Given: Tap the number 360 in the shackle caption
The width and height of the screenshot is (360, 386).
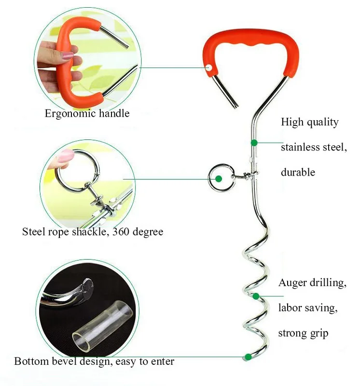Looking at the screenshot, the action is coord(121,232).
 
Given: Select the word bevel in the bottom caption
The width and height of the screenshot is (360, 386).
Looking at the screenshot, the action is coord(64,361).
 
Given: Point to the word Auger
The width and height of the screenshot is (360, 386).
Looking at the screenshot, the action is coord(292,283).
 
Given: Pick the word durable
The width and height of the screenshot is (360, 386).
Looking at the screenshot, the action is coord(298,172).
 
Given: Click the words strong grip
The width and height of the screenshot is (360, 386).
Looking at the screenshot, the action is coord(303,333).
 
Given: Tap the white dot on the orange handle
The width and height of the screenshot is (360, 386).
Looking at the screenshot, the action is coord(209,67).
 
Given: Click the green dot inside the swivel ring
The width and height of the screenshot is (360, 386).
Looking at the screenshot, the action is coord(219,179).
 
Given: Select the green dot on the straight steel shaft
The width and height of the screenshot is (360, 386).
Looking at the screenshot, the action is coord(254,142).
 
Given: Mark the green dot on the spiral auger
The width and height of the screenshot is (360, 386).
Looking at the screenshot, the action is coord(256,296).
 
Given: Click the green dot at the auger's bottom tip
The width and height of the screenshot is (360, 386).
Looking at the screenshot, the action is coord(248,357).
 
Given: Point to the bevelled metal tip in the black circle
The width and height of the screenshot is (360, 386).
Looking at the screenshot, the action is coord(86,288).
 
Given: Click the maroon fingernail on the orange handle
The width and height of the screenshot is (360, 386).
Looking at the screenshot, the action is coord(68,55).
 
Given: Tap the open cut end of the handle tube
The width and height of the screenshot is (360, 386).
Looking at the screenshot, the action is coord(236,106).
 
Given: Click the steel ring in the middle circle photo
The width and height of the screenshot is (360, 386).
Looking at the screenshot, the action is coord(78,170).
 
